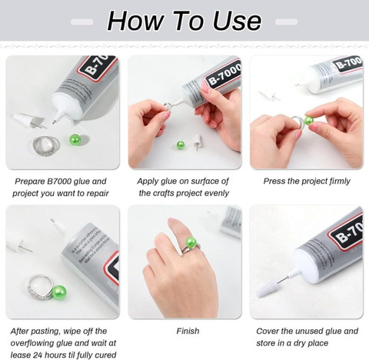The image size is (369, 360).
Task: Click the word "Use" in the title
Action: pos(237,21)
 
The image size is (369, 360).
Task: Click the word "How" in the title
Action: pos(136,21)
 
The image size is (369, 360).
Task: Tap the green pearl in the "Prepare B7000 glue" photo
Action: pos(75,139)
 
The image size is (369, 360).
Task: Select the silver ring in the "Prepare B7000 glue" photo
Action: pos(46,145)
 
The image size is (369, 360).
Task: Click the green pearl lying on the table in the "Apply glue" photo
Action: pos(181,145)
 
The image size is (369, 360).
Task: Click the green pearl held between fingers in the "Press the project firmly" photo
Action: pos(309,121)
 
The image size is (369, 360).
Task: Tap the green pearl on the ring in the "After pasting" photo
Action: pos(59,293)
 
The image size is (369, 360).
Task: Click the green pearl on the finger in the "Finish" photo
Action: pos(191,242)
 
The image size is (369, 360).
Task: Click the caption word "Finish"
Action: pos(188,331)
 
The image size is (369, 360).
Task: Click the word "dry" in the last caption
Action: pos(301,343)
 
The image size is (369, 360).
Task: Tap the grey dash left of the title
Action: pos(81,22)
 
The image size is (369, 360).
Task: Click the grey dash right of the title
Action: pos(287,22)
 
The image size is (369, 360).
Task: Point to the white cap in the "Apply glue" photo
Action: pos(197,142)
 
